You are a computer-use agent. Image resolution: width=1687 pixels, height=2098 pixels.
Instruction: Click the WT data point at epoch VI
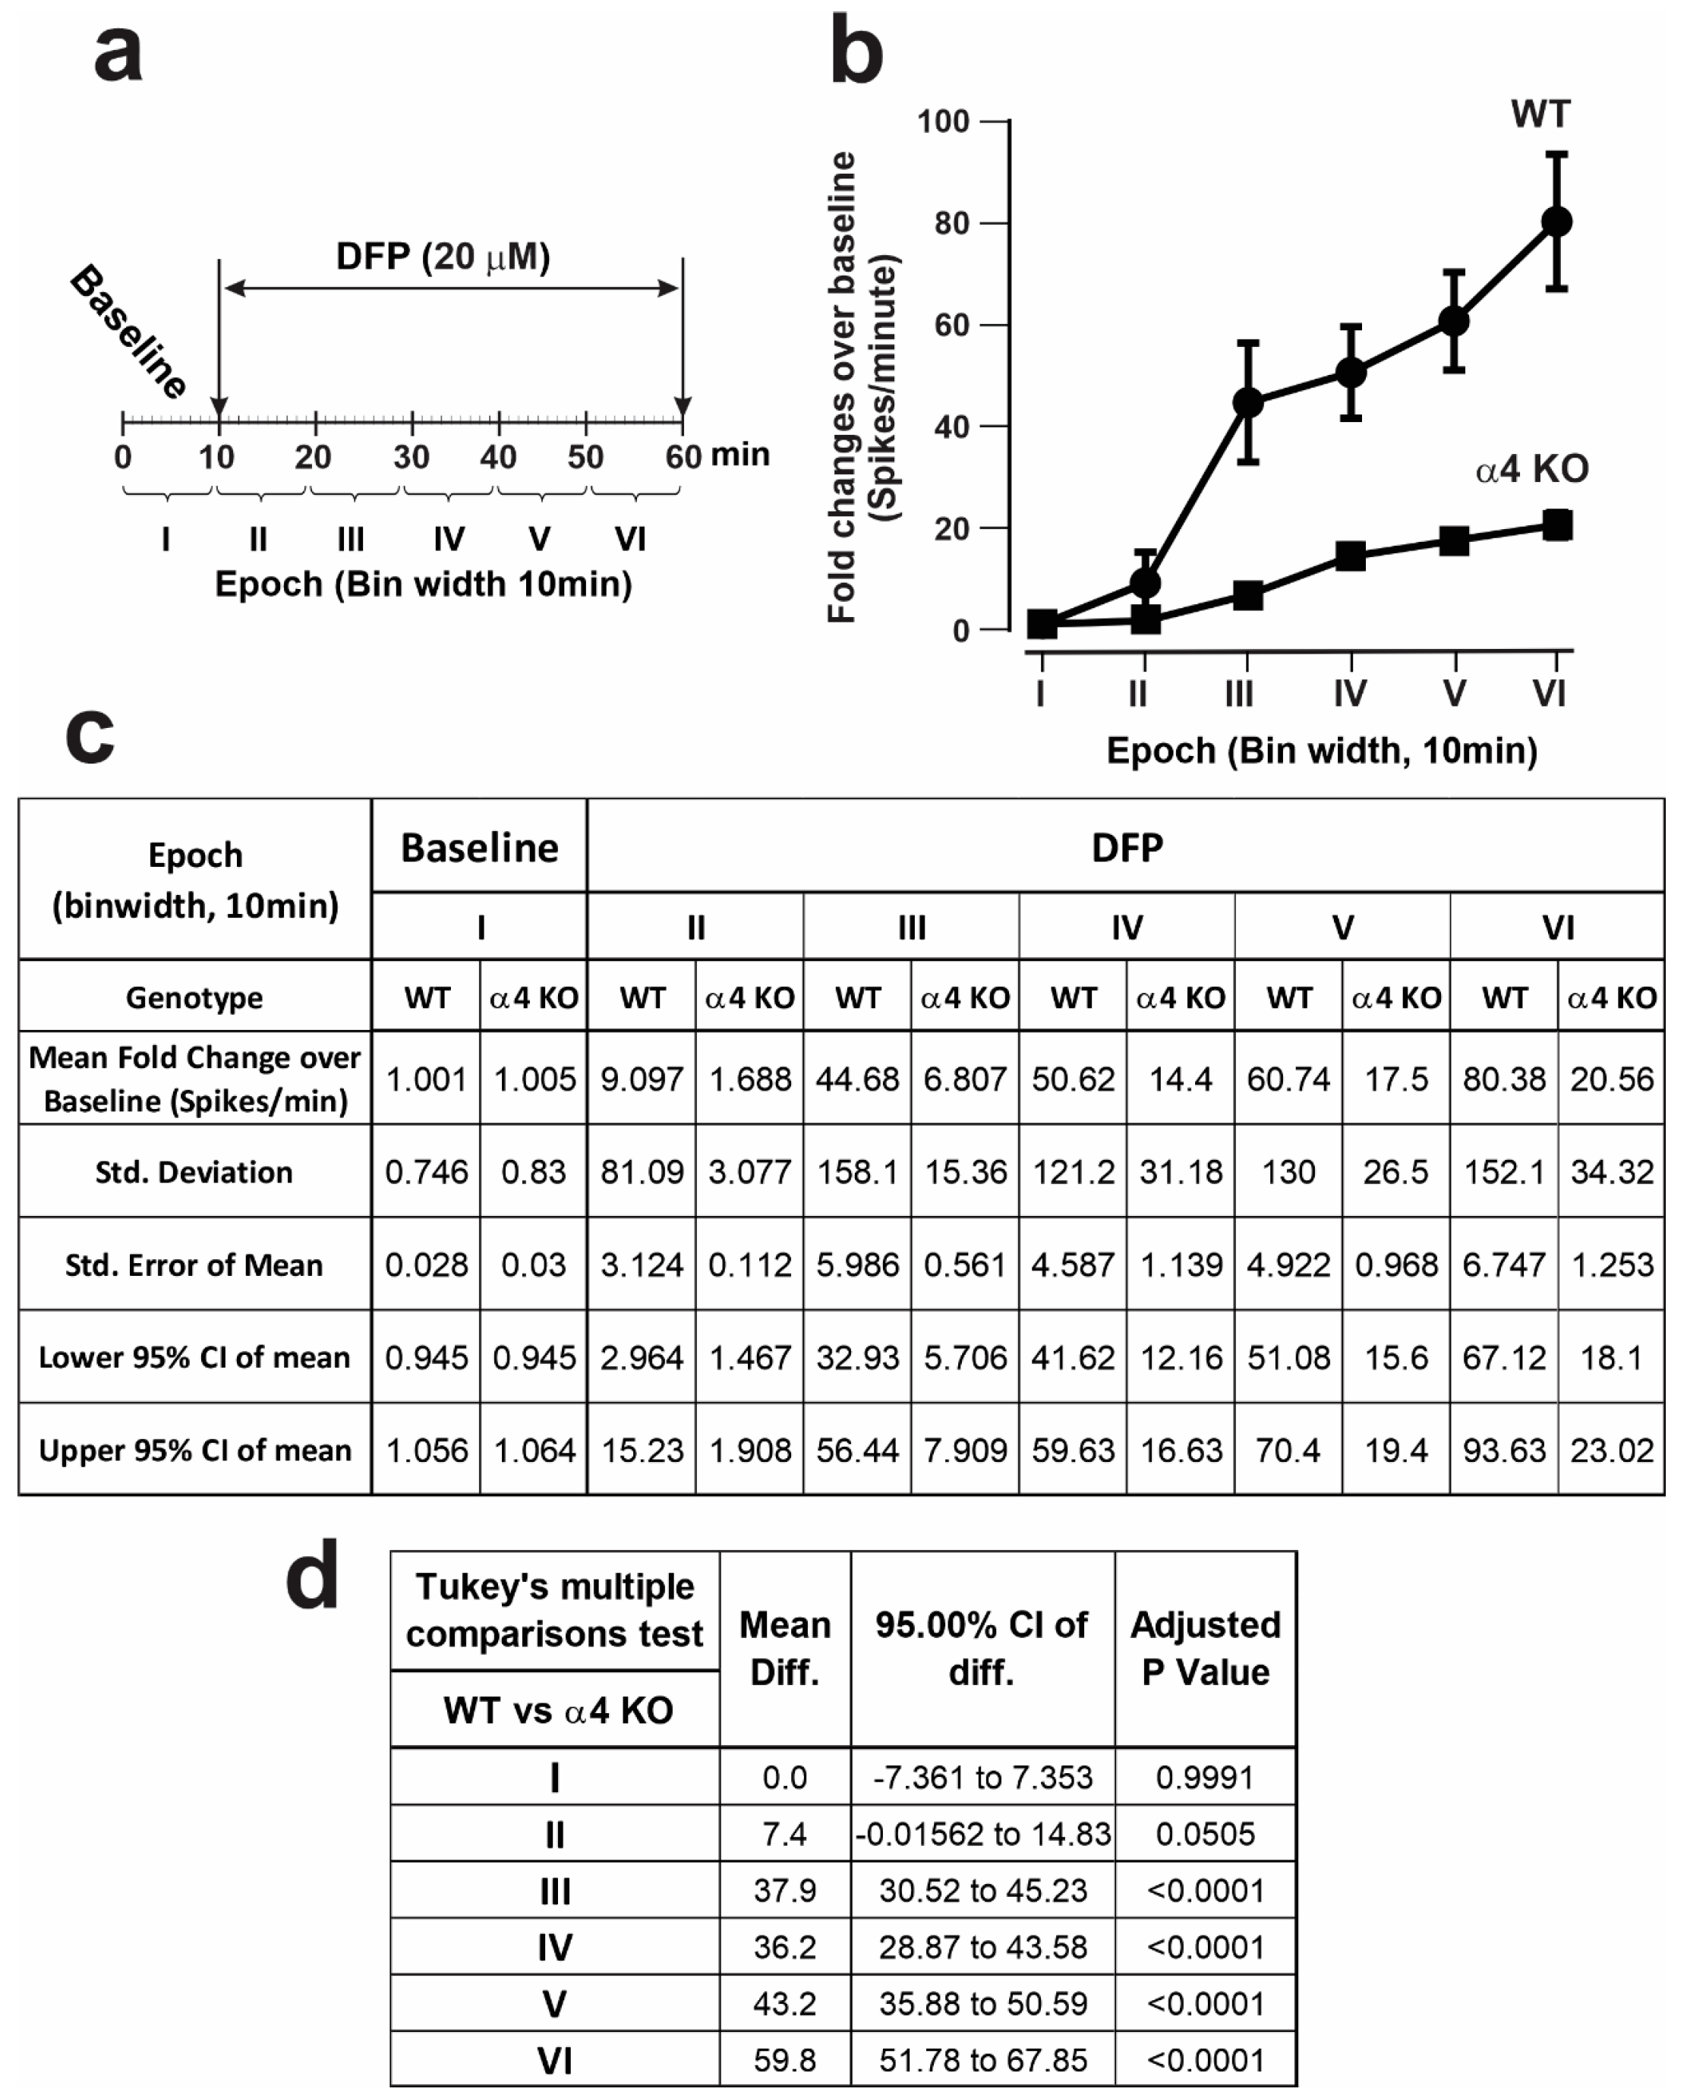point(1556,222)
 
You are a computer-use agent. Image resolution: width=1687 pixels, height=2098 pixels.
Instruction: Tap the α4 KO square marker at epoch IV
point(1350,556)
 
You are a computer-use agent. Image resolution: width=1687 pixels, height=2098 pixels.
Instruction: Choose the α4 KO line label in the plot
point(1532,470)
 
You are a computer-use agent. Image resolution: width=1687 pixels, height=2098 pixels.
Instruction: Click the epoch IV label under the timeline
point(449,538)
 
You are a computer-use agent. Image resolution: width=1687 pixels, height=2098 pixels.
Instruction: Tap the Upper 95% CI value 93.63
point(1504,1450)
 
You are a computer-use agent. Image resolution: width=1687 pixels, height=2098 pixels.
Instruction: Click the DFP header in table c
point(1126,848)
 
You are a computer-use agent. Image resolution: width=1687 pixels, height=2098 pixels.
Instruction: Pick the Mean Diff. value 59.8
point(784,2060)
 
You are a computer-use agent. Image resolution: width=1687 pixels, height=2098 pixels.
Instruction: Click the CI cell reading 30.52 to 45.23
point(982,1890)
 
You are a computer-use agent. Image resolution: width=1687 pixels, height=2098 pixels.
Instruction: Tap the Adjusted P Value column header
point(1205,1649)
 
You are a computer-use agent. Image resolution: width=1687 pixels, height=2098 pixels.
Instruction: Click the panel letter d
point(313,1577)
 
